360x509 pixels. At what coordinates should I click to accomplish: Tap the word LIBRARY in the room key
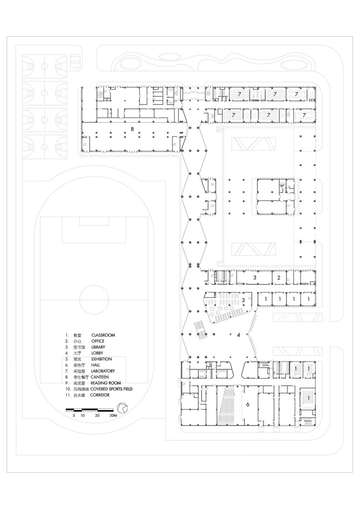tap(98, 347)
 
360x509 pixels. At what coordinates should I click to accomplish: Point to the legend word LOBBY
tap(97, 353)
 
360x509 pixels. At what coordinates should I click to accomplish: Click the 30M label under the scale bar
tap(113, 415)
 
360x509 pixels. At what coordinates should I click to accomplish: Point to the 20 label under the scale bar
tap(97, 415)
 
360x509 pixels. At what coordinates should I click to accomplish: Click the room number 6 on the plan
tap(248, 405)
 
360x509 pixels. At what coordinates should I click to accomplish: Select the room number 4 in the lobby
tap(238, 335)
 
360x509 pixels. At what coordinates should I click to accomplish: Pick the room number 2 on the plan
tap(278, 278)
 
